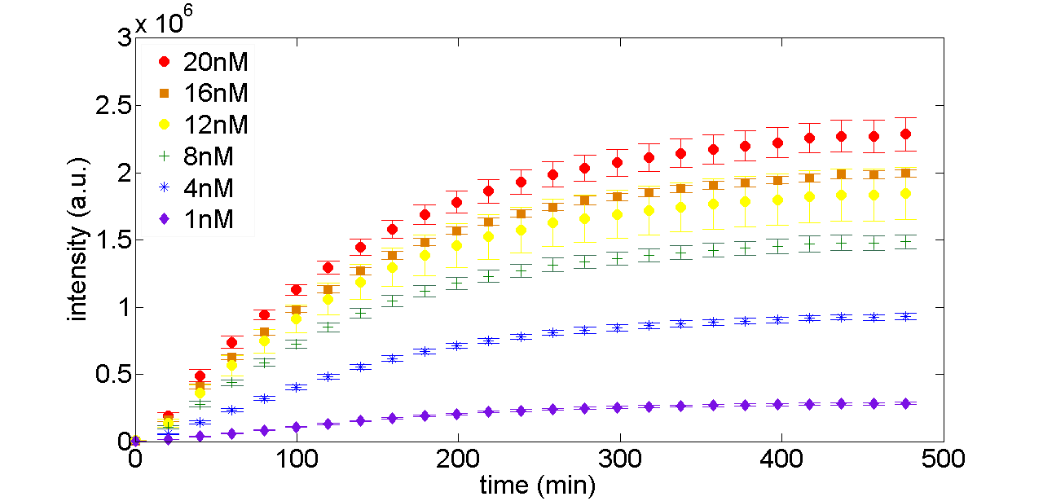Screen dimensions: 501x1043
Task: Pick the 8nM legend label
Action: [207, 156]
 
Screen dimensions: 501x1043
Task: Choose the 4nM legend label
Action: [207, 187]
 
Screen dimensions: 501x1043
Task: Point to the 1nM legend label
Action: [207, 219]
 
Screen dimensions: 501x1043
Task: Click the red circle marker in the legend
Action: [165, 62]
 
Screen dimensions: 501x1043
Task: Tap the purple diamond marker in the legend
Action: [165, 219]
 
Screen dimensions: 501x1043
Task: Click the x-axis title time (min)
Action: [537, 486]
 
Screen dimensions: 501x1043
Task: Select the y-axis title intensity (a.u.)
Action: [79, 240]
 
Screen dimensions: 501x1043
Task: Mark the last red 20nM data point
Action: [905, 134]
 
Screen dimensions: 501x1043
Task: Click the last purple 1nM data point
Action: [905, 403]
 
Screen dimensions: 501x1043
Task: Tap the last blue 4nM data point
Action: [905, 316]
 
